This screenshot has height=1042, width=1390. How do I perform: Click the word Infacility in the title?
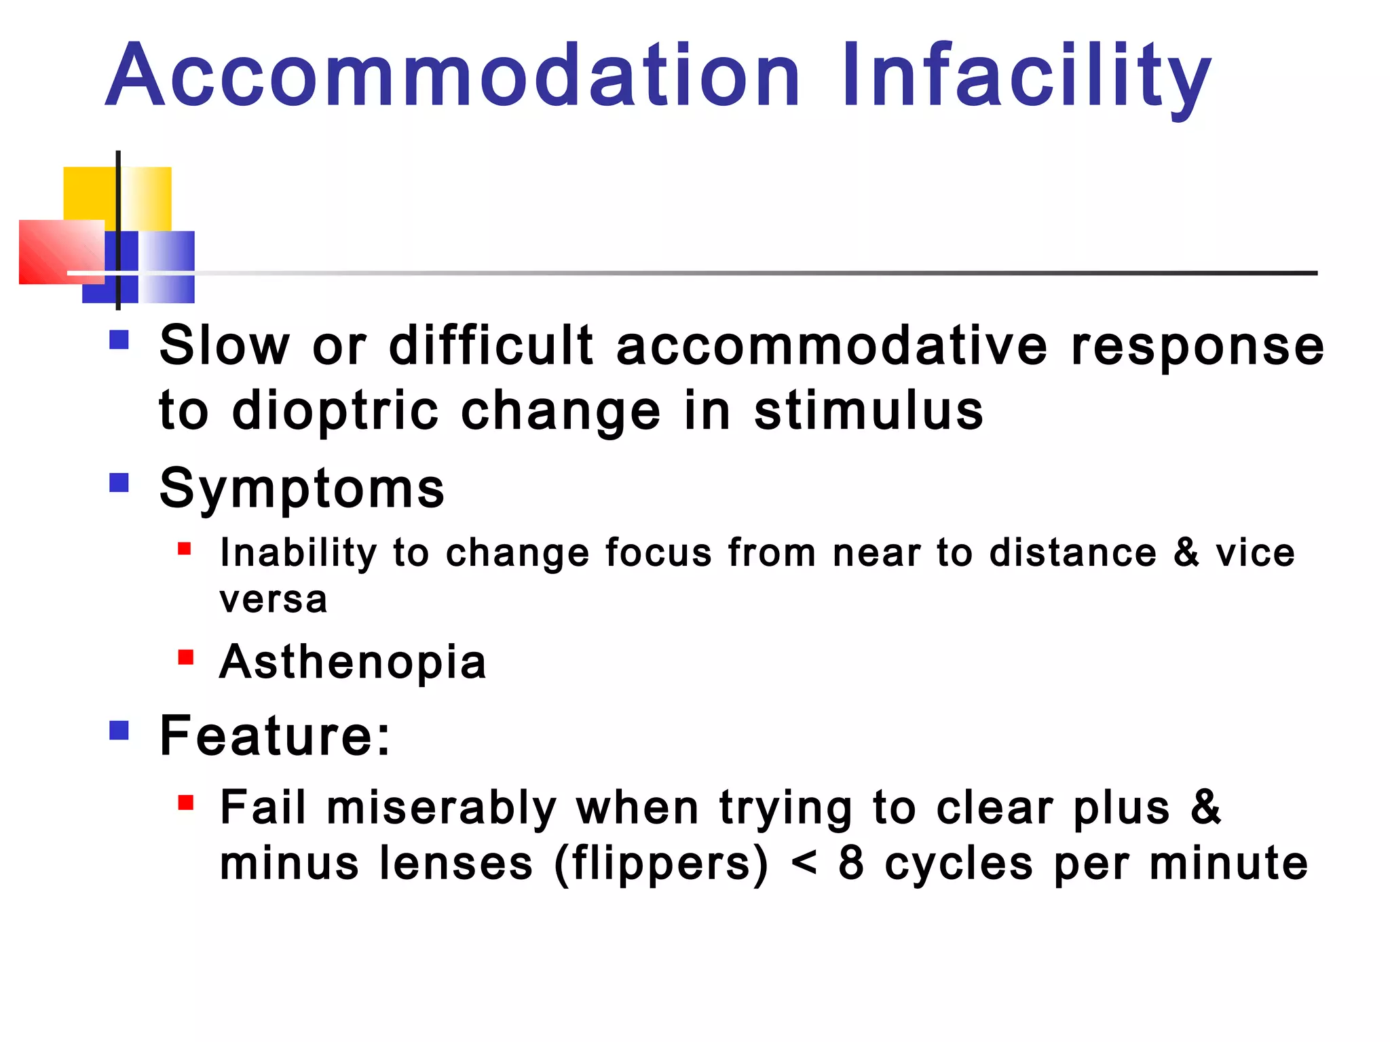tap(1026, 76)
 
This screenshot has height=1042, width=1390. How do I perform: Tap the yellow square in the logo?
tap(90, 193)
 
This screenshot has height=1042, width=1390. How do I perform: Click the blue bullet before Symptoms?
tap(119, 483)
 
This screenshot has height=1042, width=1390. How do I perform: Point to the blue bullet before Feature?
tap(119, 731)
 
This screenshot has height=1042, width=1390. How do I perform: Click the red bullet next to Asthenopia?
tap(185, 657)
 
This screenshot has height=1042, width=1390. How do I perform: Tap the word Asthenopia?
tap(353, 662)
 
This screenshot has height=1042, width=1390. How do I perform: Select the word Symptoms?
tap(302, 488)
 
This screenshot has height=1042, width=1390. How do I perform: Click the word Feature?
tap(275, 736)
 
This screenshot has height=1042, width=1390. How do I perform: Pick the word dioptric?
tap(335, 411)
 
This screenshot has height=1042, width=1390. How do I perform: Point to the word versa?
tap(274, 600)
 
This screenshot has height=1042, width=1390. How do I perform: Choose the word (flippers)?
tap(662, 864)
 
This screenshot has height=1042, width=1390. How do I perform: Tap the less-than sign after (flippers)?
tap(804, 864)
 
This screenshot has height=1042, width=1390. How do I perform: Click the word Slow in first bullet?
tap(224, 346)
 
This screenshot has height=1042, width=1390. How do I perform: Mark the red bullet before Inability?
tap(185, 548)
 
